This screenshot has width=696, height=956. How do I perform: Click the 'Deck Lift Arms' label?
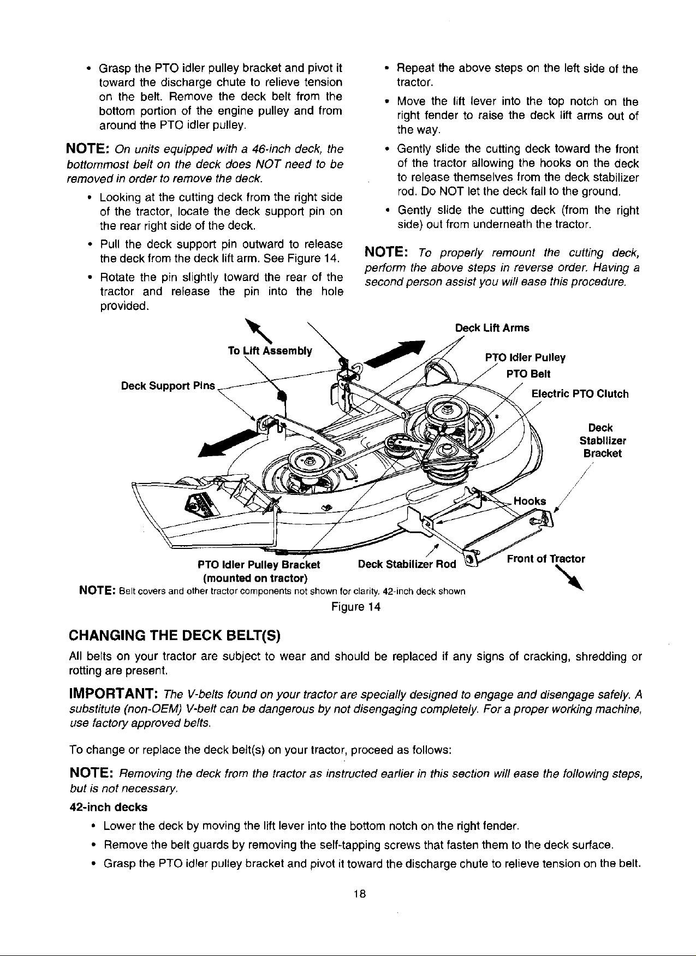(x=492, y=328)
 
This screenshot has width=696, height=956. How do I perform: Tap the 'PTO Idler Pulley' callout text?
(x=525, y=358)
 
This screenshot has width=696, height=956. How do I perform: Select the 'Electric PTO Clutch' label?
(x=580, y=394)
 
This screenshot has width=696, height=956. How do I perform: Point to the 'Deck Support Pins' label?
(x=168, y=386)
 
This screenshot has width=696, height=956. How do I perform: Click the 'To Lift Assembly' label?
(x=270, y=351)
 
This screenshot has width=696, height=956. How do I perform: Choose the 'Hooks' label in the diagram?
(x=530, y=501)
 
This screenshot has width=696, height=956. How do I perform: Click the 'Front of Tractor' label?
(x=546, y=559)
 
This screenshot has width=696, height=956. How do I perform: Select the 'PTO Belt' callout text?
(x=528, y=374)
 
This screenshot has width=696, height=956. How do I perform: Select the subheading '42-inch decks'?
(x=108, y=806)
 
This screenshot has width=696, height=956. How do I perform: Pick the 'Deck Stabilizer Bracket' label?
(x=600, y=440)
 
